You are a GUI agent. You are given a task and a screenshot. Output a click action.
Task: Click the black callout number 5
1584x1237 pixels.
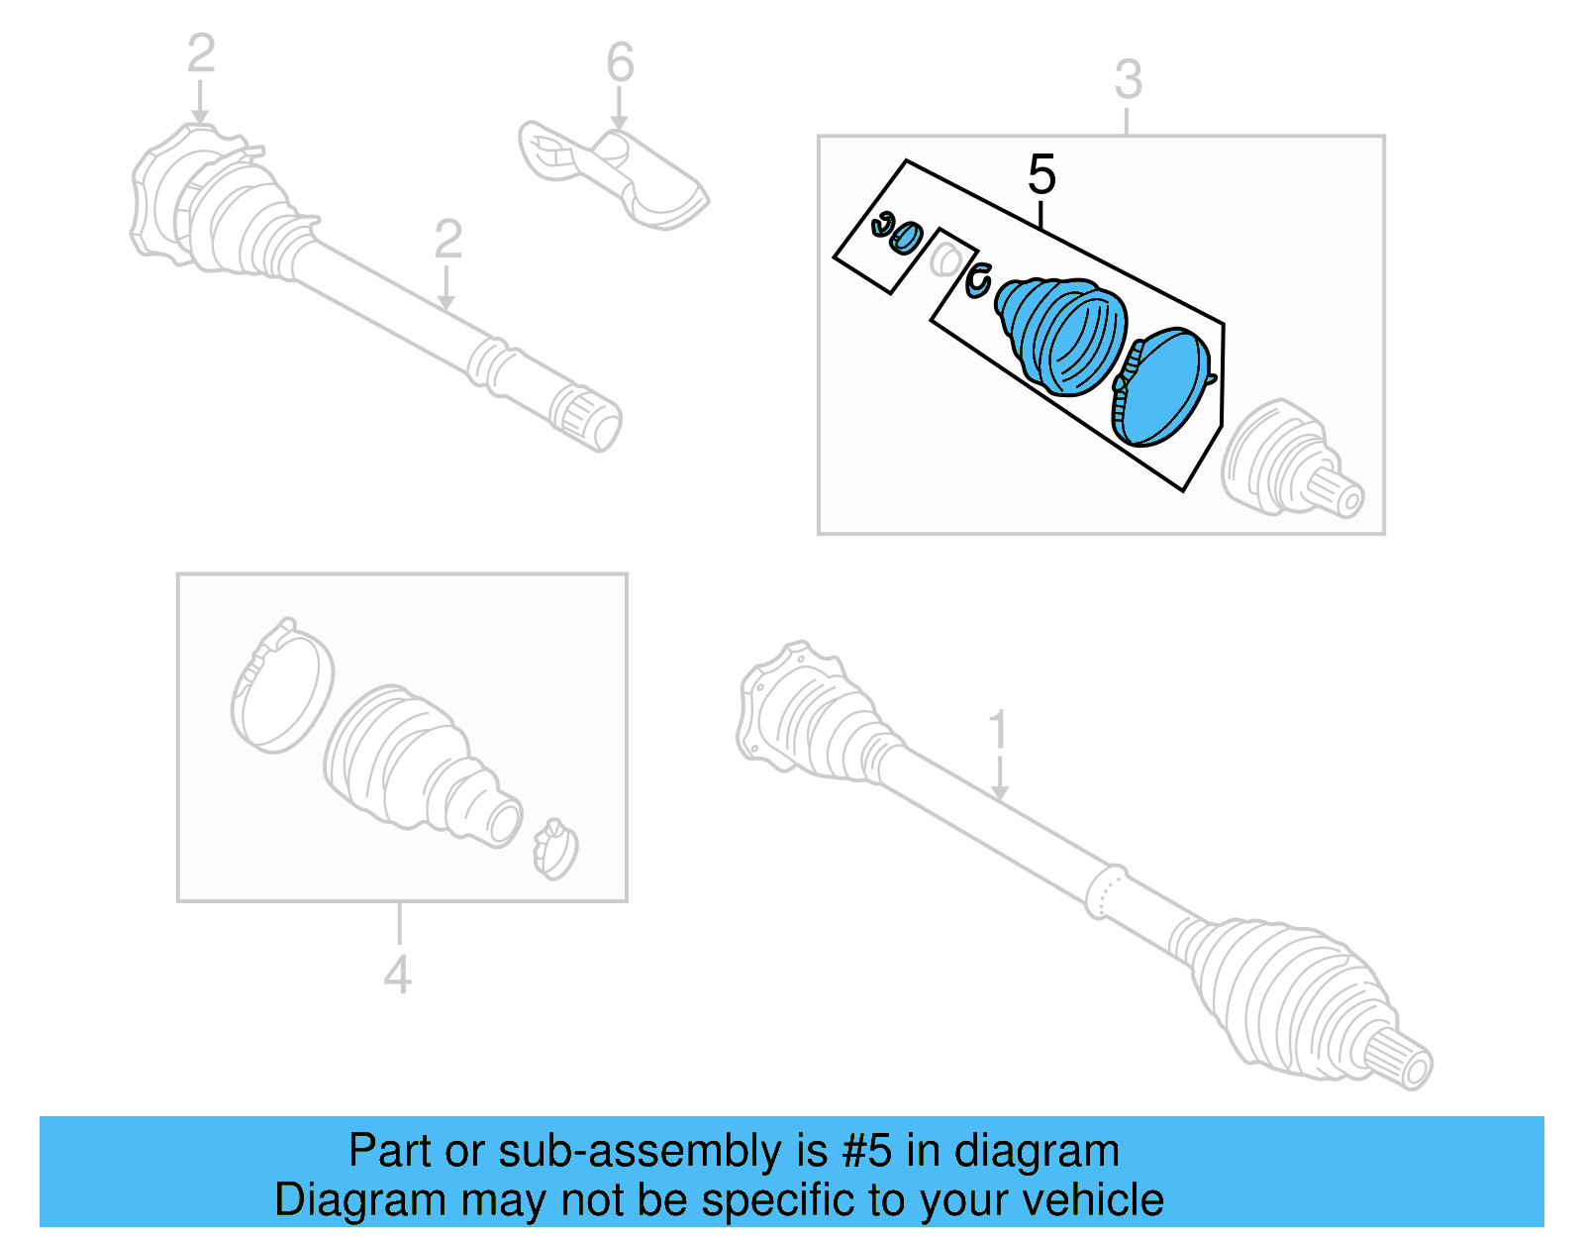[1041, 175]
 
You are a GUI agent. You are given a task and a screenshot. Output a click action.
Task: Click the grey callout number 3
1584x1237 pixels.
[1128, 80]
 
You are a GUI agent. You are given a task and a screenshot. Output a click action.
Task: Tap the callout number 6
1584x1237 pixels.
[620, 63]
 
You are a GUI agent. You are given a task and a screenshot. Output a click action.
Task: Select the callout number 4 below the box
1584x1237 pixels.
[397, 976]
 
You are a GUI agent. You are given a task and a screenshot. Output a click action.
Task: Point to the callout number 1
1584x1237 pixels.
[998, 731]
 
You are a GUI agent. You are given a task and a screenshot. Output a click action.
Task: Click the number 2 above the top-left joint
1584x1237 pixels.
[201, 53]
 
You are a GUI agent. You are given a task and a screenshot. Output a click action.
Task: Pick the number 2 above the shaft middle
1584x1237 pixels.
[447, 241]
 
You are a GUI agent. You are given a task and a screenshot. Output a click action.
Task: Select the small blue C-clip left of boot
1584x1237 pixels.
[978, 280]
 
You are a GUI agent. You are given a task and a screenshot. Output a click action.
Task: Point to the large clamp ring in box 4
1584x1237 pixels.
[281, 687]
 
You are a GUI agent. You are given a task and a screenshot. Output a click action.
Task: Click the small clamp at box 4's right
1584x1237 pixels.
[554, 850]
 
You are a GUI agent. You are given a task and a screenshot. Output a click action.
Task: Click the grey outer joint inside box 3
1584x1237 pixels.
[1287, 461]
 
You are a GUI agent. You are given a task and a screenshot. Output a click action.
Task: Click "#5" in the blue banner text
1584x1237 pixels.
[867, 1152]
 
